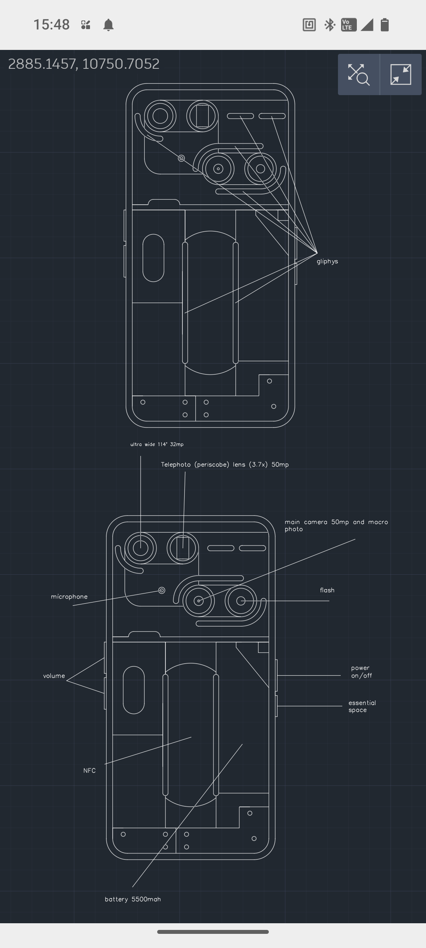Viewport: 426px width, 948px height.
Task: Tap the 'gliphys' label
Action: pyautogui.click(x=327, y=261)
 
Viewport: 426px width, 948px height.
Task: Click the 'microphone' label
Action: pyautogui.click(x=69, y=597)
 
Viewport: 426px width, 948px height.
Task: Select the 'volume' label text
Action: pyautogui.click(x=54, y=676)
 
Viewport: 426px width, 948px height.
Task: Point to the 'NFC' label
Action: pyautogui.click(x=90, y=771)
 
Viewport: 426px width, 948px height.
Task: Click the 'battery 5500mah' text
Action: pyautogui.click(x=133, y=899)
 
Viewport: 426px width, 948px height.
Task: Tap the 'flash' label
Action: pyautogui.click(x=327, y=590)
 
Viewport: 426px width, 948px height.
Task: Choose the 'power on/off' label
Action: pyautogui.click(x=361, y=672)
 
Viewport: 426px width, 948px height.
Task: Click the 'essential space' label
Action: pyautogui.click(x=362, y=706)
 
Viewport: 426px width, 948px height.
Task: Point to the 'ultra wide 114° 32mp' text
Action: pyautogui.click(x=157, y=445)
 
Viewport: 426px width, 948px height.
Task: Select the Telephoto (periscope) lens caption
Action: pyautogui.click(x=225, y=465)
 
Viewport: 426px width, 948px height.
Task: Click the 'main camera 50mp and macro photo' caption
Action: pyautogui.click(x=336, y=525)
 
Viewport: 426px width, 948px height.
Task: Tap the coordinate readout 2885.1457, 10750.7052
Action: pyautogui.click(x=84, y=64)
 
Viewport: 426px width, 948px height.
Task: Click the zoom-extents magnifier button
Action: pyautogui.click(x=358, y=74)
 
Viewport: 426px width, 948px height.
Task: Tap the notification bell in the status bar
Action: pyautogui.click(x=108, y=25)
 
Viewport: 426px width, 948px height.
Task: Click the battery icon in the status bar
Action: pyautogui.click(x=385, y=25)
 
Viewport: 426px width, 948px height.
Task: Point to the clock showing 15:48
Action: pyautogui.click(x=51, y=25)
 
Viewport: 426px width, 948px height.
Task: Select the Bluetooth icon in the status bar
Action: pyautogui.click(x=329, y=25)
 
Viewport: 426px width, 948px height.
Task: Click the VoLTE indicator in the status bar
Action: pyautogui.click(x=348, y=25)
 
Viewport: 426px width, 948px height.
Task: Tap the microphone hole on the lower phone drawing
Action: pyautogui.click(x=162, y=590)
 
